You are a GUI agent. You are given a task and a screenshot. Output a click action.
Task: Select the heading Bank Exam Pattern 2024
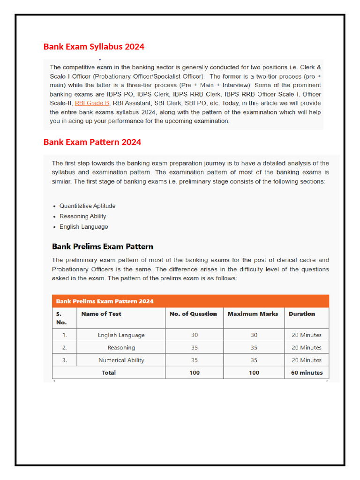click(92, 142)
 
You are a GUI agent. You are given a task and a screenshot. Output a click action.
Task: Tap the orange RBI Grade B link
click(92, 103)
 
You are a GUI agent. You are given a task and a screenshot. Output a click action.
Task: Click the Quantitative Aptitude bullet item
click(87, 206)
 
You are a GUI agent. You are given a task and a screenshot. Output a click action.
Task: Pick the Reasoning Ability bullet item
click(82, 216)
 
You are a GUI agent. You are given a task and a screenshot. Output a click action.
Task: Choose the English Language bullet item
click(83, 227)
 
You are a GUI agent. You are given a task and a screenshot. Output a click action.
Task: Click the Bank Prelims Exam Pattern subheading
click(103, 247)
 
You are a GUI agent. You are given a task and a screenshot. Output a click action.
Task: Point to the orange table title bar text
click(105, 301)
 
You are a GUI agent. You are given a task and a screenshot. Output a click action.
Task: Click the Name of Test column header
click(101, 314)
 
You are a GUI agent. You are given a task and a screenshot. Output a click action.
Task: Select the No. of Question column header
click(193, 314)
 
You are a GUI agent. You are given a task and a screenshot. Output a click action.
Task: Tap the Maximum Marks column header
click(253, 314)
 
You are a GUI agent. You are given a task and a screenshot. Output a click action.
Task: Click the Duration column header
click(302, 314)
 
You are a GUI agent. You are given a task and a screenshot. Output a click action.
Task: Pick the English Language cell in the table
click(121, 335)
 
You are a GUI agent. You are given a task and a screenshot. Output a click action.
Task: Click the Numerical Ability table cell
click(121, 360)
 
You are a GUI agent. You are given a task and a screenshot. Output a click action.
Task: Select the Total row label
click(109, 373)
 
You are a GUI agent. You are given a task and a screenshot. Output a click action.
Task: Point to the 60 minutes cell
click(307, 373)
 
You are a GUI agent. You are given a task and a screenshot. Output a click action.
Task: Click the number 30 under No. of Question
click(195, 335)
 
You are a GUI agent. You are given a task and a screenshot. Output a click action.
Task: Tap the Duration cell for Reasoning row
click(307, 348)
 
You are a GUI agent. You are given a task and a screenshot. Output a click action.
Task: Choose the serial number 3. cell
click(65, 360)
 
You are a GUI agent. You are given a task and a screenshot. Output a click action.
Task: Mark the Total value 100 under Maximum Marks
click(254, 373)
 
